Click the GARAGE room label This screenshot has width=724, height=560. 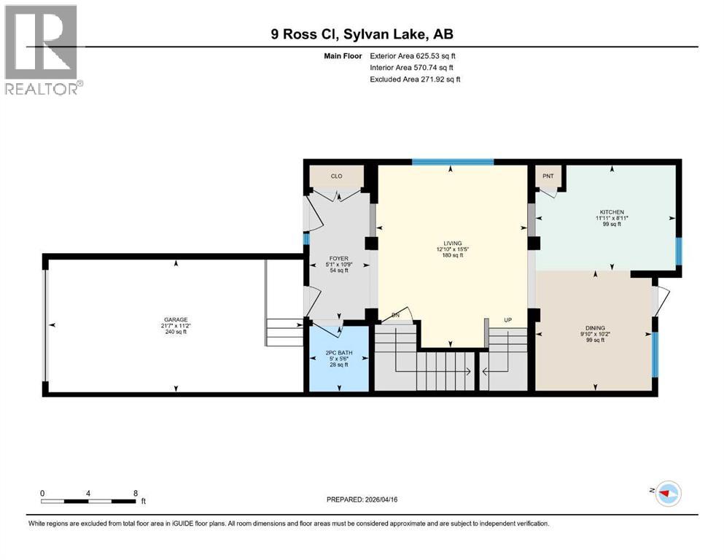coord(175,319)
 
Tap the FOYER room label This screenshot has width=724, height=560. coord(337,257)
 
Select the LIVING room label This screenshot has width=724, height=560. coord(452,242)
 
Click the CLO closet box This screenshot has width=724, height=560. coord(336,176)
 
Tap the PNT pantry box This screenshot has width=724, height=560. coord(548,176)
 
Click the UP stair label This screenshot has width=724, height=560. coord(507,319)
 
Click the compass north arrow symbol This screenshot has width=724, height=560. coord(666,494)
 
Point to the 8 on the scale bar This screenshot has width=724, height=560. coord(136,493)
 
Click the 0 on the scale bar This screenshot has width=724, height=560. coord(43,493)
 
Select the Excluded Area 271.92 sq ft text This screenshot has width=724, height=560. coord(415,79)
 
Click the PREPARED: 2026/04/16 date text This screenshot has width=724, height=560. coord(362,499)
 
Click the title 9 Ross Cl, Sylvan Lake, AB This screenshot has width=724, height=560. coord(362,34)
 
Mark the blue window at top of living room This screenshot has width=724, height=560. coord(452,162)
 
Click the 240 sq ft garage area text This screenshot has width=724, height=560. coord(175,332)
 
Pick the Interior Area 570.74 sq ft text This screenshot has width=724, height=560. coord(413,67)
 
